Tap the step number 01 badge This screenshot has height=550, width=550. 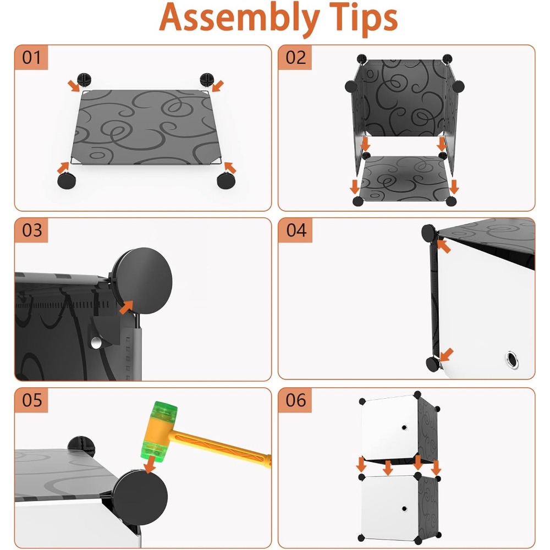pyautogui.click(x=31, y=58)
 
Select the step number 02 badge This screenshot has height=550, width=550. pyautogui.click(x=295, y=58)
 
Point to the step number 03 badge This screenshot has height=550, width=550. pyautogui.click(x=31, y=230)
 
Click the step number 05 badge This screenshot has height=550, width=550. pyautogui.click(x=31, y=400)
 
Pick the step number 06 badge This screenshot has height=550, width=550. pyautogui.click(x=295, y=400)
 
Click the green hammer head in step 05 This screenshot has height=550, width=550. pyautogui.click(x=159, y=431)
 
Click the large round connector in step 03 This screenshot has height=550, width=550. pyautogui.click(x=143, y=281)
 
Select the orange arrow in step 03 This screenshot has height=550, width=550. pyautogui.click(x=127, y=307)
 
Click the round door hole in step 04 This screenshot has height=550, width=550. pyautogui.click(x=511, y=360)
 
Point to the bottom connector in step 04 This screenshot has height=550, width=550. pyautogui.click(x=433, y=364)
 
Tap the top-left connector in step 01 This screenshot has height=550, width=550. pyautogui.click(x=84, y=80)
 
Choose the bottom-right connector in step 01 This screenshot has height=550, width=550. pyautogui.click(x=226, y=180)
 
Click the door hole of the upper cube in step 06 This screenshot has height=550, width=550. pyautogui.click(x=404, y=427)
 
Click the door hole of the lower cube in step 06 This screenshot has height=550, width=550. pyautogui.click(x=404, y=509)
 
